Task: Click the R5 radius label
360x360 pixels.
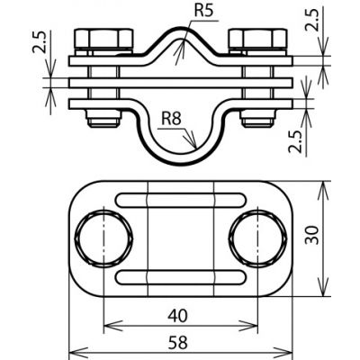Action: coord(203,12)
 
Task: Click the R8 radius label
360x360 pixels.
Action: coord(171,119)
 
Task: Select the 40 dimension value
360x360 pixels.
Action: coord(177,316)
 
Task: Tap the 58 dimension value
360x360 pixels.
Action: coord(178,343)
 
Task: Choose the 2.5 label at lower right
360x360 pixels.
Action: coord(295,141)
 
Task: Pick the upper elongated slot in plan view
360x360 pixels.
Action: coord(181,200)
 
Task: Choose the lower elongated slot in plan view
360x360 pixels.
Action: coord(181,277)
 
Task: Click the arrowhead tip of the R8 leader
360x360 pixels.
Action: coord(196,148)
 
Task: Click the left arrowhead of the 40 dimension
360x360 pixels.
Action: coord(104,326)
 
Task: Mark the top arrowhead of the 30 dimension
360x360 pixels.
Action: coord(323,182)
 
